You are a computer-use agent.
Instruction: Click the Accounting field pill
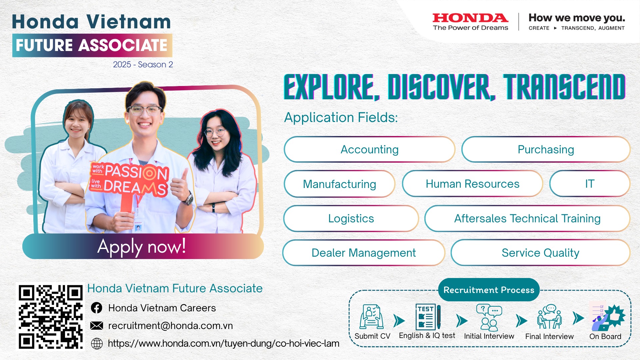point(369,149)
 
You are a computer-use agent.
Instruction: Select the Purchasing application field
point(546,149)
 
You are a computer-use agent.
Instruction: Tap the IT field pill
point(590,184)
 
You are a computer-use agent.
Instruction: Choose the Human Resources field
point(472,184)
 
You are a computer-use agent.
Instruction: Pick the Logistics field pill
point(351,218)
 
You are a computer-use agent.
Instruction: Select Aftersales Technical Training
point(527,218)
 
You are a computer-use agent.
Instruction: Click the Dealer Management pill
point(364,253)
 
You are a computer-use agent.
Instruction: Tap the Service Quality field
point(540,253)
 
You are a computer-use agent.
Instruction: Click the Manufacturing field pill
point(339,184)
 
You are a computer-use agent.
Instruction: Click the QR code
point(50,317)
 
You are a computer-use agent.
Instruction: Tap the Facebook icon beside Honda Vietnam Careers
point(97,308)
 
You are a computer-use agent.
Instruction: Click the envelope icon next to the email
point(97,326)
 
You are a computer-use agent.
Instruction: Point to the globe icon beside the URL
point(97,343)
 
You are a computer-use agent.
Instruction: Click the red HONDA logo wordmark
point(470,18)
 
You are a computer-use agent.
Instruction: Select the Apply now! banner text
point(141,247)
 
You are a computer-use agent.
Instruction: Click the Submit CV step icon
point(371,317)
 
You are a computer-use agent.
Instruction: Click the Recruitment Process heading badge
point(489,290)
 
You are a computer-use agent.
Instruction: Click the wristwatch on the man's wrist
point(189,199)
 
